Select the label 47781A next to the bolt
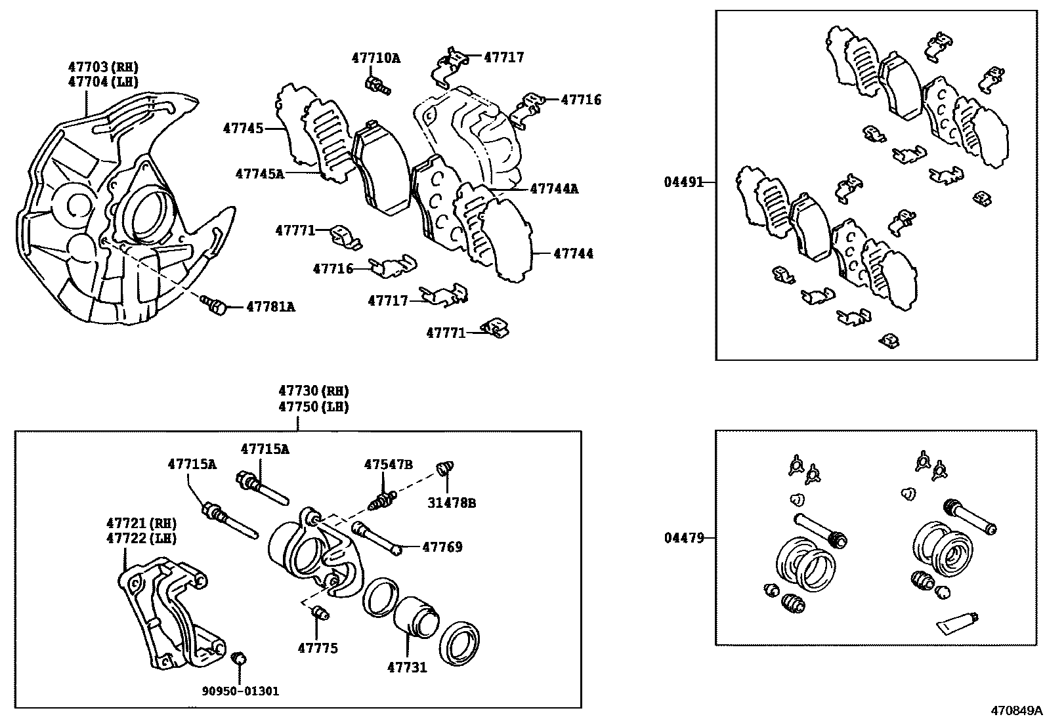tap(270, 306)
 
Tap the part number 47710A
tap(375, 58)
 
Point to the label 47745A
tap(259, 174)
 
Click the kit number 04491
tap(683, 182)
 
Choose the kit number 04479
tap(683, 538)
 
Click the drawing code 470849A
tap(1016, 711)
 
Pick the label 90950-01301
tap(240, 691)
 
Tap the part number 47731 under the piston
tap(406, 667)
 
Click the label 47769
tap(442, 546)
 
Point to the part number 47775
tap(318, 648)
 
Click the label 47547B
tap(388, 464)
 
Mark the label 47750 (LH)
tap(313, 407)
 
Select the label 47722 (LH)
tap(141, 538)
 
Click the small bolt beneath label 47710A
tap(377, 85)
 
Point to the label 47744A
tap(554, 189)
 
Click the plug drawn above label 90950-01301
tap(239, 657)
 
